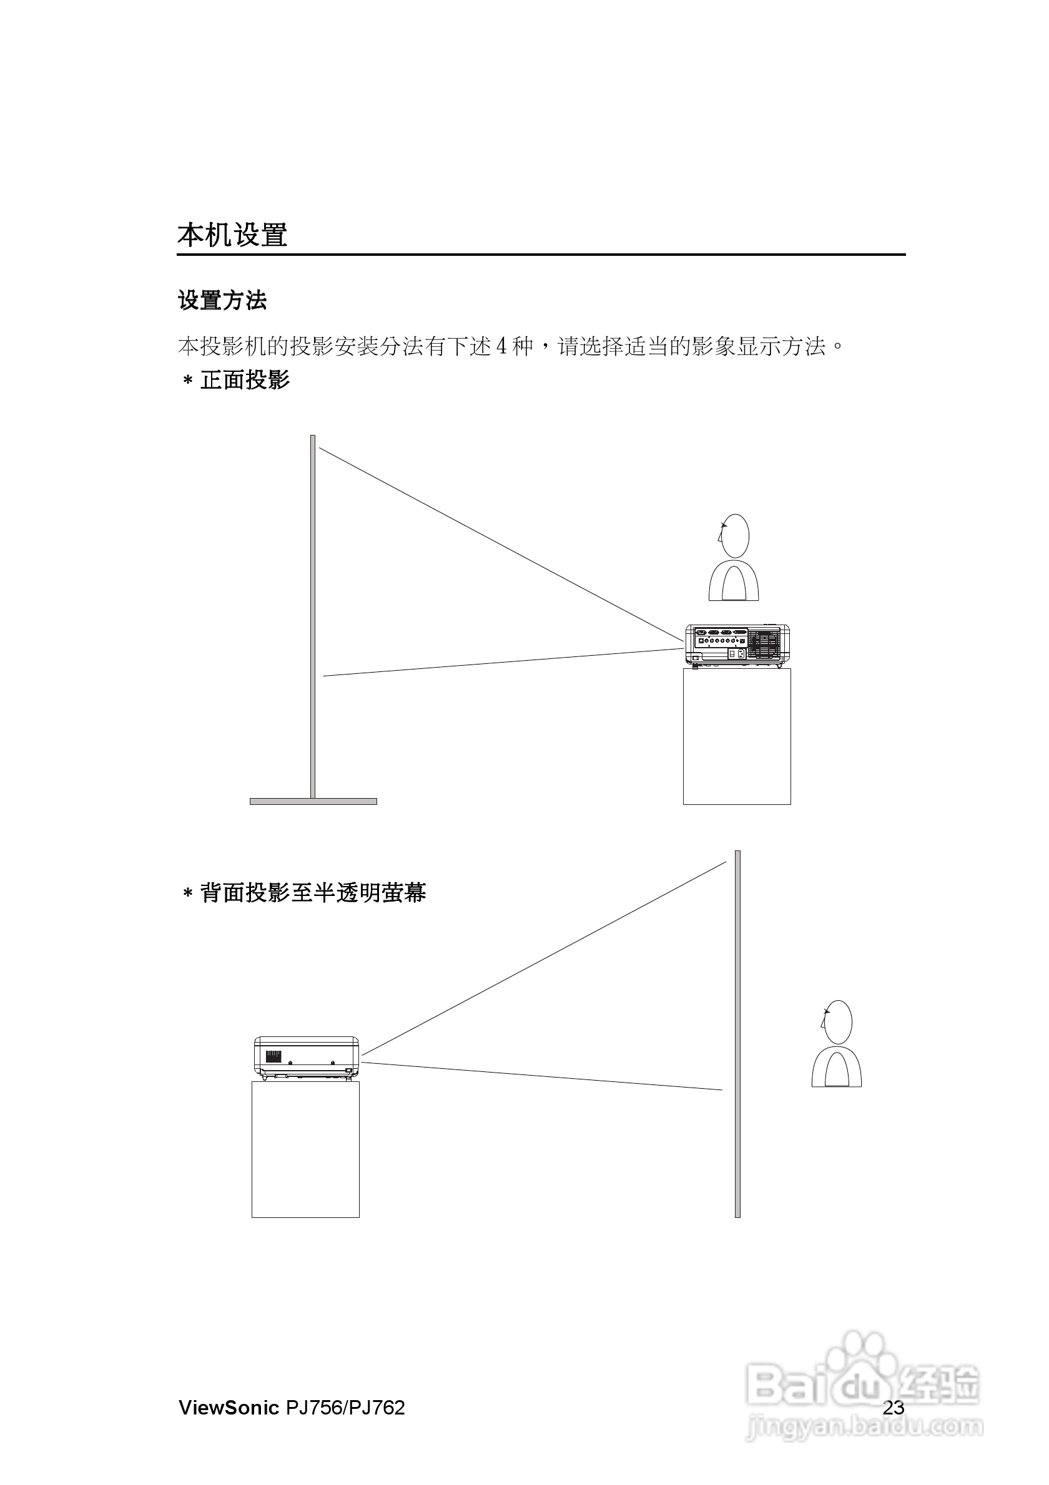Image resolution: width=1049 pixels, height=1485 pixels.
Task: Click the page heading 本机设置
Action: click(232, 235)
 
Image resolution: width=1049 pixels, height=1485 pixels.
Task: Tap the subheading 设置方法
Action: click(222, 300)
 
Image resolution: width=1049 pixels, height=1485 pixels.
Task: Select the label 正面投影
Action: click(245, 379)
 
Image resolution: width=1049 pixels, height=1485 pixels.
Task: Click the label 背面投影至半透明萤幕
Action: click(313, 892)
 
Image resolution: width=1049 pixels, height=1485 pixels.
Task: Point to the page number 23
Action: click(893, 1408)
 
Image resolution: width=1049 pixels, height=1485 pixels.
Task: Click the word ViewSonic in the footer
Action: click(229, 1408)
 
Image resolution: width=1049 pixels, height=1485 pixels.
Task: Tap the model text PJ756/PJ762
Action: click(345, 1408)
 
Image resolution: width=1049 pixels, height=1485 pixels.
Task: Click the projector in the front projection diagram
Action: click(737, 645)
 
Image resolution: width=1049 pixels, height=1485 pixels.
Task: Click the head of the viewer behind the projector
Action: click(736, 536)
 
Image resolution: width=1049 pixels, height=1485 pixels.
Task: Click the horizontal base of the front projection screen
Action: click(313, 801)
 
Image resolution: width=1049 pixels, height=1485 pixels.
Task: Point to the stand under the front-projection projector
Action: click(737, 736)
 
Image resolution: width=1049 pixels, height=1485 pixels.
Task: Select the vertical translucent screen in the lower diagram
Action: click(737, 1035)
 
